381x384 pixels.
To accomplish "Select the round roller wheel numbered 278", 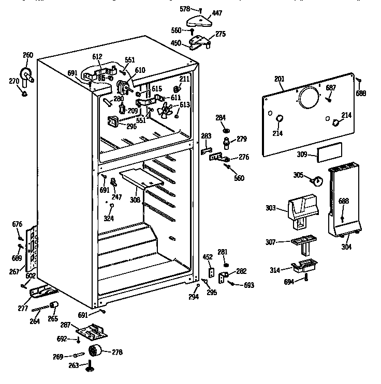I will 96,351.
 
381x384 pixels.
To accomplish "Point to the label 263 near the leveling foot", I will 74,365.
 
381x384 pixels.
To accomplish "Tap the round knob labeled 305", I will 316,179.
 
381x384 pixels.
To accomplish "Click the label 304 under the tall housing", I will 346,247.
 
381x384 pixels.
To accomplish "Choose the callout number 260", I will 28,55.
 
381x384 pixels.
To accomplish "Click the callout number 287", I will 65,325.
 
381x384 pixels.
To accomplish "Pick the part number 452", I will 208,257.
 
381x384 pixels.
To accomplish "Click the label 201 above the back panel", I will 280,79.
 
